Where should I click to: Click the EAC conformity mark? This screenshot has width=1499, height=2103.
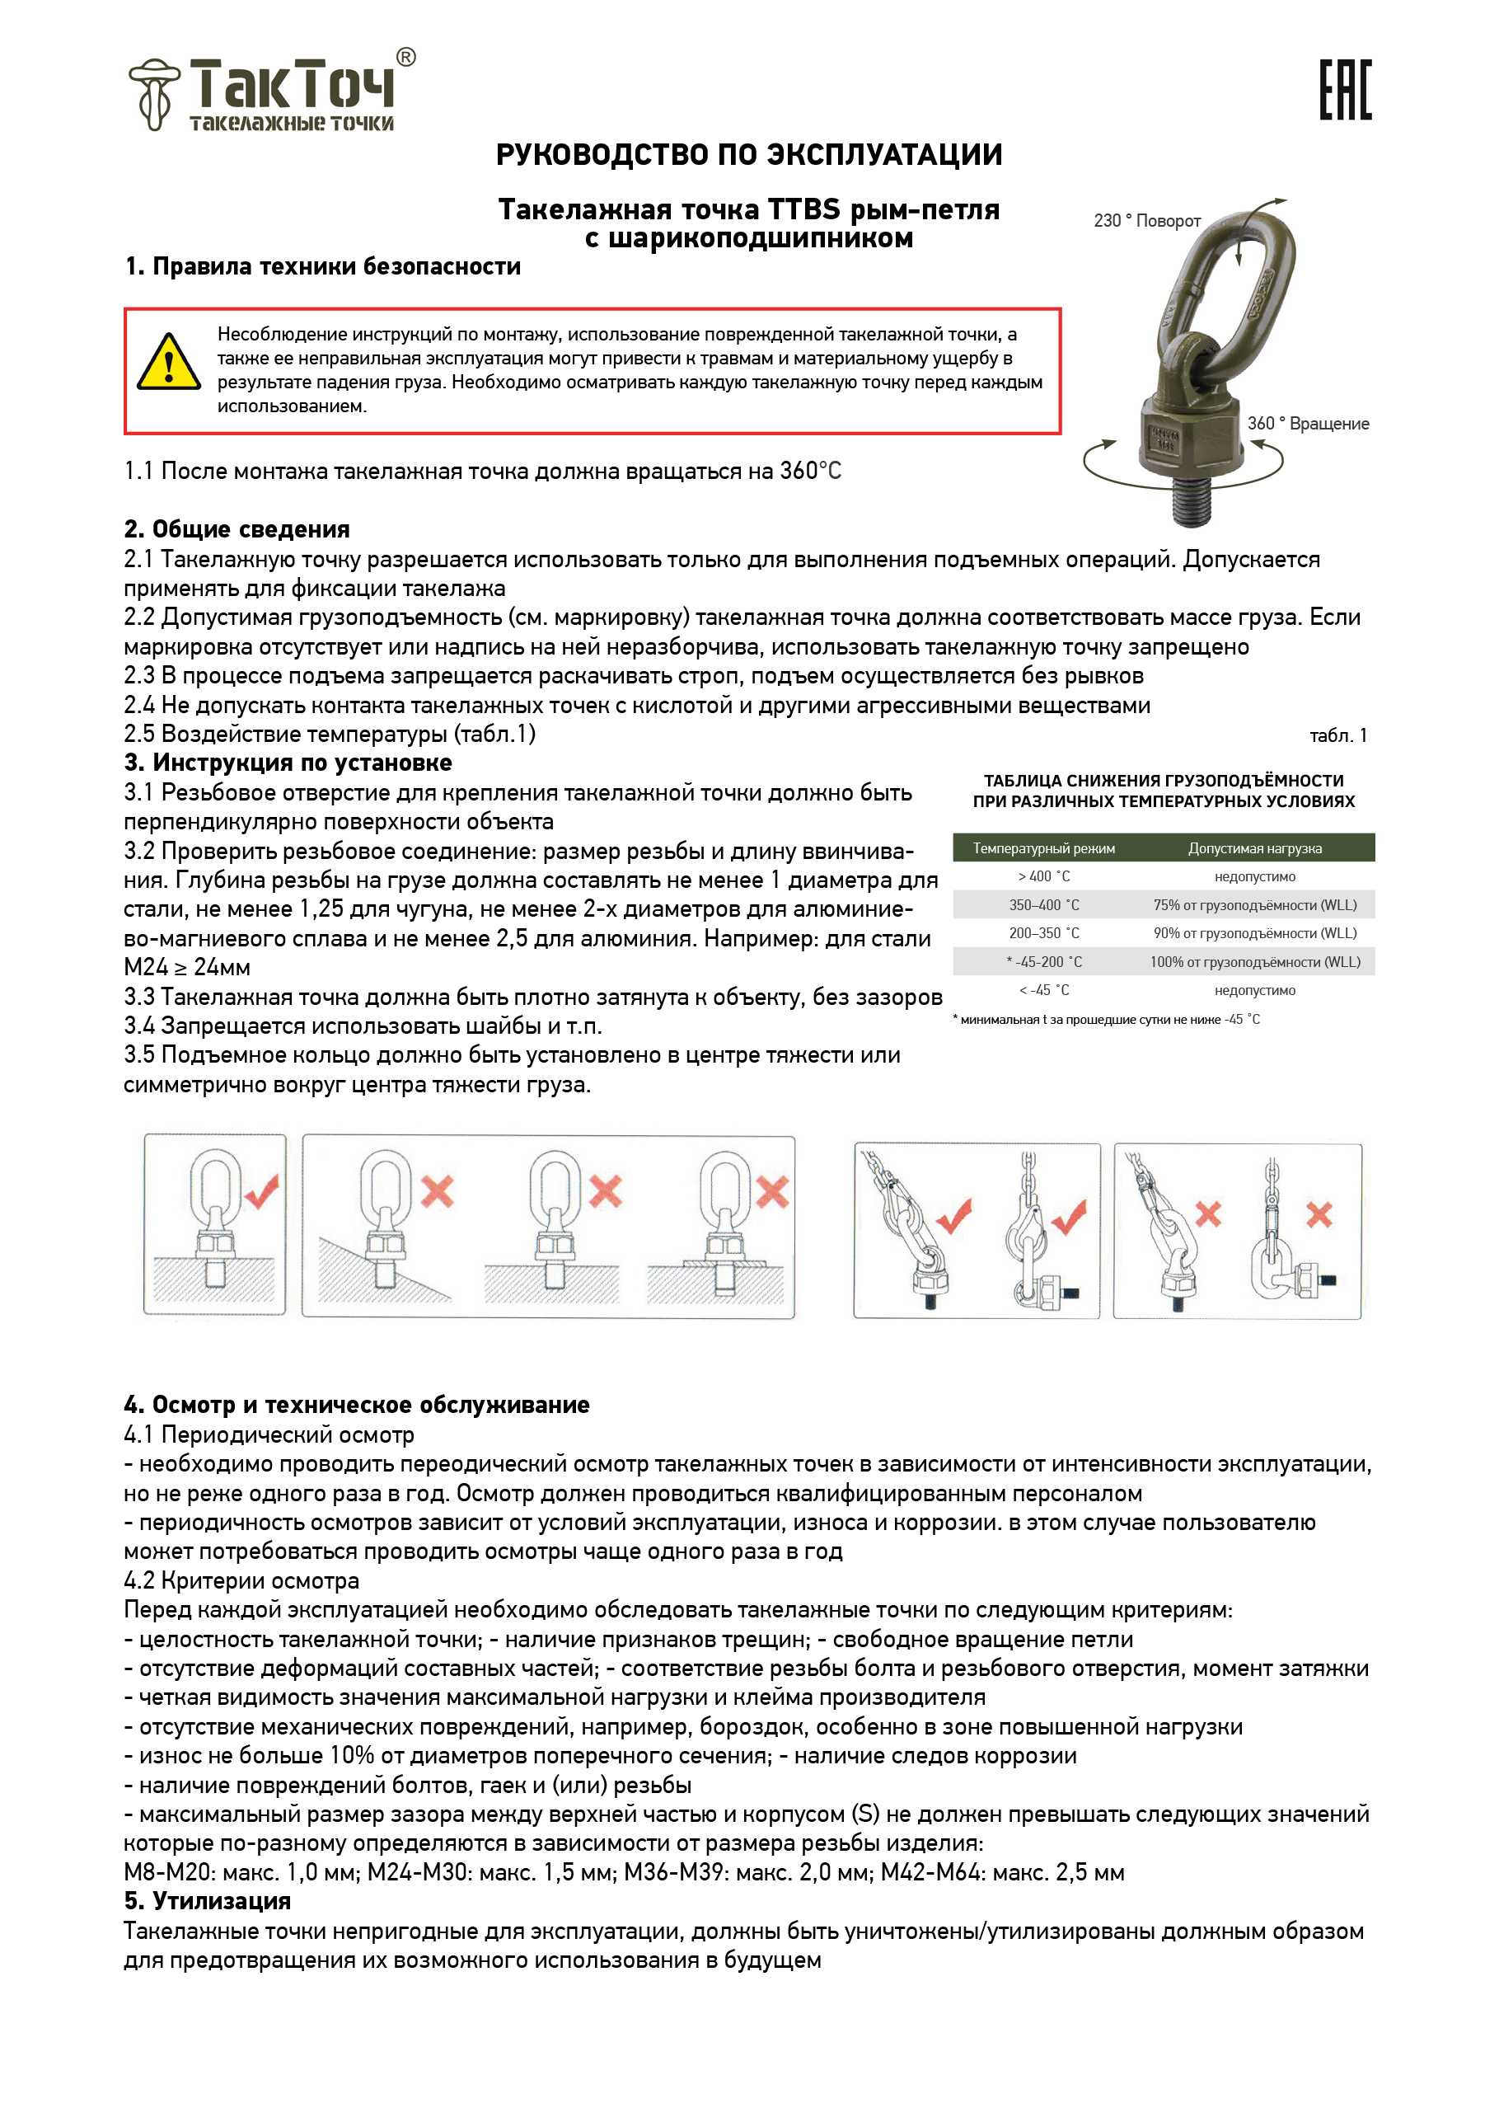click(x=1345, y=90)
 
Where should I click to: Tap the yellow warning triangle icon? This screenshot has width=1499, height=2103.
click(x=169, y=363)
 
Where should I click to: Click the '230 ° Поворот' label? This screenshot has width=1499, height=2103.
click(x=1146, y=221)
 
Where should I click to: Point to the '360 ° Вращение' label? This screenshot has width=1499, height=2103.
click(x=1308, y=424)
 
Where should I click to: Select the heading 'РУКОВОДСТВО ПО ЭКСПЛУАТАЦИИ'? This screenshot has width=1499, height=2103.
click(x=748, y=154)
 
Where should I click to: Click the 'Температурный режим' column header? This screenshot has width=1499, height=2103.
click(x=1044, y=848)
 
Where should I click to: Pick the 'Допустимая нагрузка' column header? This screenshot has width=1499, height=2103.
click(x=1254, y=848)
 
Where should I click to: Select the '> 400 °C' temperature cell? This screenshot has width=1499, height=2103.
click(x=1044, y=877)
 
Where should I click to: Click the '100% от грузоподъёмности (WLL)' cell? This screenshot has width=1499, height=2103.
click(x=1254, y=962)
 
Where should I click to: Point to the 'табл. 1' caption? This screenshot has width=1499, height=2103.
click(x=1337, y=736)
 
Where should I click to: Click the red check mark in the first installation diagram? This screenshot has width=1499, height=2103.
click(x=262, y=1191)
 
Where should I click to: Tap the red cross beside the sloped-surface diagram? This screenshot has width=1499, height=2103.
click(x=438, y=1191)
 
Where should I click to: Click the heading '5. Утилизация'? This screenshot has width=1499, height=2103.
click(x=207, y=1901)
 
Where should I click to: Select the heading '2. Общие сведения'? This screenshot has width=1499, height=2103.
click(x=237, y=529)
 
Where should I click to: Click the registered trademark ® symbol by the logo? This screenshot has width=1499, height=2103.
click(x=406, y=57)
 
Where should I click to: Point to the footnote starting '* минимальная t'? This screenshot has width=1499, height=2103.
click(x=1106, y=1020)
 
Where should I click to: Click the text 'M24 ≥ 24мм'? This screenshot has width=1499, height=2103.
click(x=187, y=968)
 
